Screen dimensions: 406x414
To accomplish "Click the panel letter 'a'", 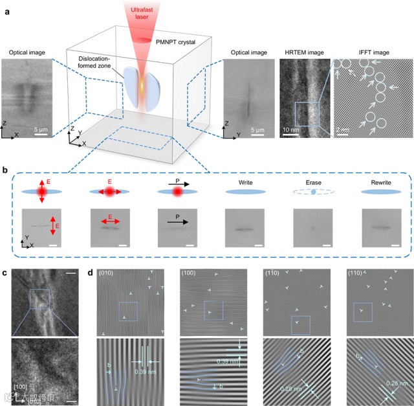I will tap(5, 5).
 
